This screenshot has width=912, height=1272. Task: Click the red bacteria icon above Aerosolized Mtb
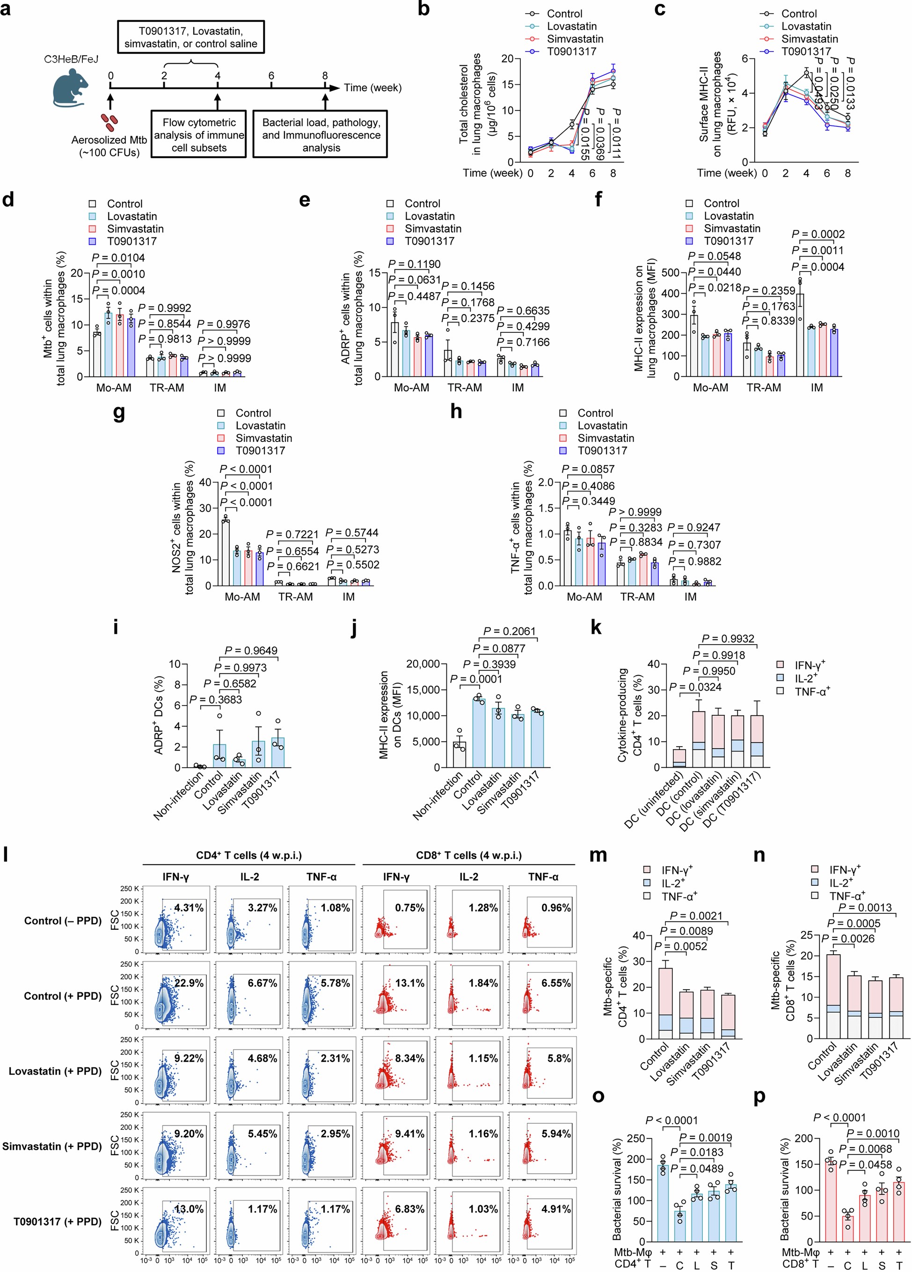click(x=109, y=121)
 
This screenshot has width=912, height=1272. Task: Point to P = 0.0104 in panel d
click(x=119, y=258)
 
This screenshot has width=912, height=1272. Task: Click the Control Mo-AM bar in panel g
click(x=226, y=552)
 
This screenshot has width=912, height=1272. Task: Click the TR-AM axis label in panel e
click(x=465, y=388)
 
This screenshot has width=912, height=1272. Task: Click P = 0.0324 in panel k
click(x=696, y=687)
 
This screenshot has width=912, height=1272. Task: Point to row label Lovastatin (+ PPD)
click(x=55, y=1071)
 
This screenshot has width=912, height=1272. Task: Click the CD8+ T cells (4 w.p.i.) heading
click(x=468, y=855)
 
